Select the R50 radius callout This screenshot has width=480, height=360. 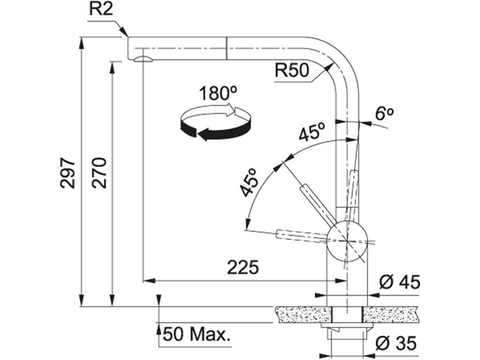coord(292,71)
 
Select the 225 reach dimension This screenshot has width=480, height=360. coord(243,268)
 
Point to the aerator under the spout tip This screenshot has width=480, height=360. coord(142,59)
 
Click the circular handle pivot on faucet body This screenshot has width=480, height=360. coord(347,241)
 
